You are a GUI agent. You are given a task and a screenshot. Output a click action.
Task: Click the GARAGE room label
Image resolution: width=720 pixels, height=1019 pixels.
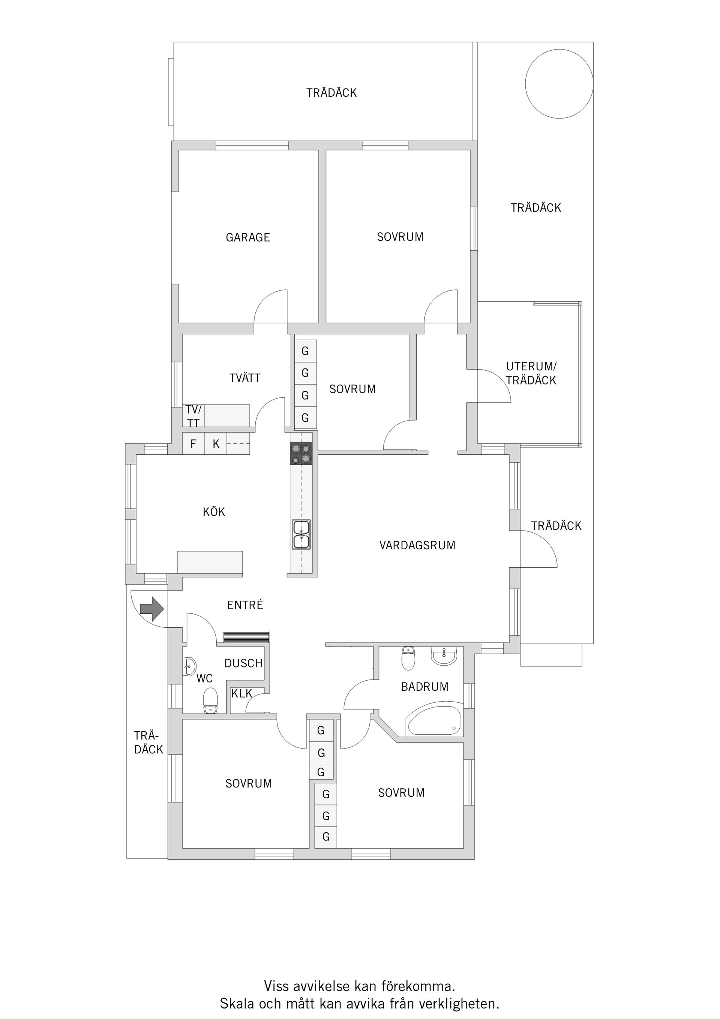pos(247,237)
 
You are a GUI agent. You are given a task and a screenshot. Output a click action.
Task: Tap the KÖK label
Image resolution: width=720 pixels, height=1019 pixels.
pos(214,512)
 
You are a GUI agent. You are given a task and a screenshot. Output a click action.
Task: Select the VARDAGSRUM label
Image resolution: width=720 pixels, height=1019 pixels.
pos(417,545)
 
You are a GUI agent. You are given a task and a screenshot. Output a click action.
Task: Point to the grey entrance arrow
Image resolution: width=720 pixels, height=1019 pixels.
pos(152,609)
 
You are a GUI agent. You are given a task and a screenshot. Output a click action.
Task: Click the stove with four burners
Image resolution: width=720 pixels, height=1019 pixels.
pos(301,454)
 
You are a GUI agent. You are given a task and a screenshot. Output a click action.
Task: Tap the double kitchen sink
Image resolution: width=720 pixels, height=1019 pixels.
pos(301,535)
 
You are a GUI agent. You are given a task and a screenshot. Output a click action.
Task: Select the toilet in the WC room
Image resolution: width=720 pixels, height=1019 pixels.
pos(210,700)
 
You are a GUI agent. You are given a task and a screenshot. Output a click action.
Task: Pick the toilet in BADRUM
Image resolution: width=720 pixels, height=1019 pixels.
pos(408,658)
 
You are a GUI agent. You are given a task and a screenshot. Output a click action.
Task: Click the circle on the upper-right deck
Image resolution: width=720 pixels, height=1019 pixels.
pos(559,84)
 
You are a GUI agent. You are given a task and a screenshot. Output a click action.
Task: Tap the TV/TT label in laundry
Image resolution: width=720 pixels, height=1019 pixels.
pos(193,416)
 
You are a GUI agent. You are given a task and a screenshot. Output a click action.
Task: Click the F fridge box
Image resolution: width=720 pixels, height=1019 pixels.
pos(193,444)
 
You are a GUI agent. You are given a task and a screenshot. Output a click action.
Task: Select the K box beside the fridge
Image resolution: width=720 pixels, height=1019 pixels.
pos(216,444)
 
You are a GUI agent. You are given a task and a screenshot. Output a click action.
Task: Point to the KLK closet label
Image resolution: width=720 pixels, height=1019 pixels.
pos(242,693)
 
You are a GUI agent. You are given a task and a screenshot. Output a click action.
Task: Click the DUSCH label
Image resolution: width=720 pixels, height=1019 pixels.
pos(243,663)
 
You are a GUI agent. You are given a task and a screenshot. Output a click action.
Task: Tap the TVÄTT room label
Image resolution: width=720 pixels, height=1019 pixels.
pos(245,378)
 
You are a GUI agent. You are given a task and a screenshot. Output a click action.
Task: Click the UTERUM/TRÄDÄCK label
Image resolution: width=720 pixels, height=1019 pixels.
pos(531,373)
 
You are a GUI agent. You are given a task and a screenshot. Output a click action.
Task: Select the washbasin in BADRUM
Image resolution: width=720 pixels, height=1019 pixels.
pos(444,656)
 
